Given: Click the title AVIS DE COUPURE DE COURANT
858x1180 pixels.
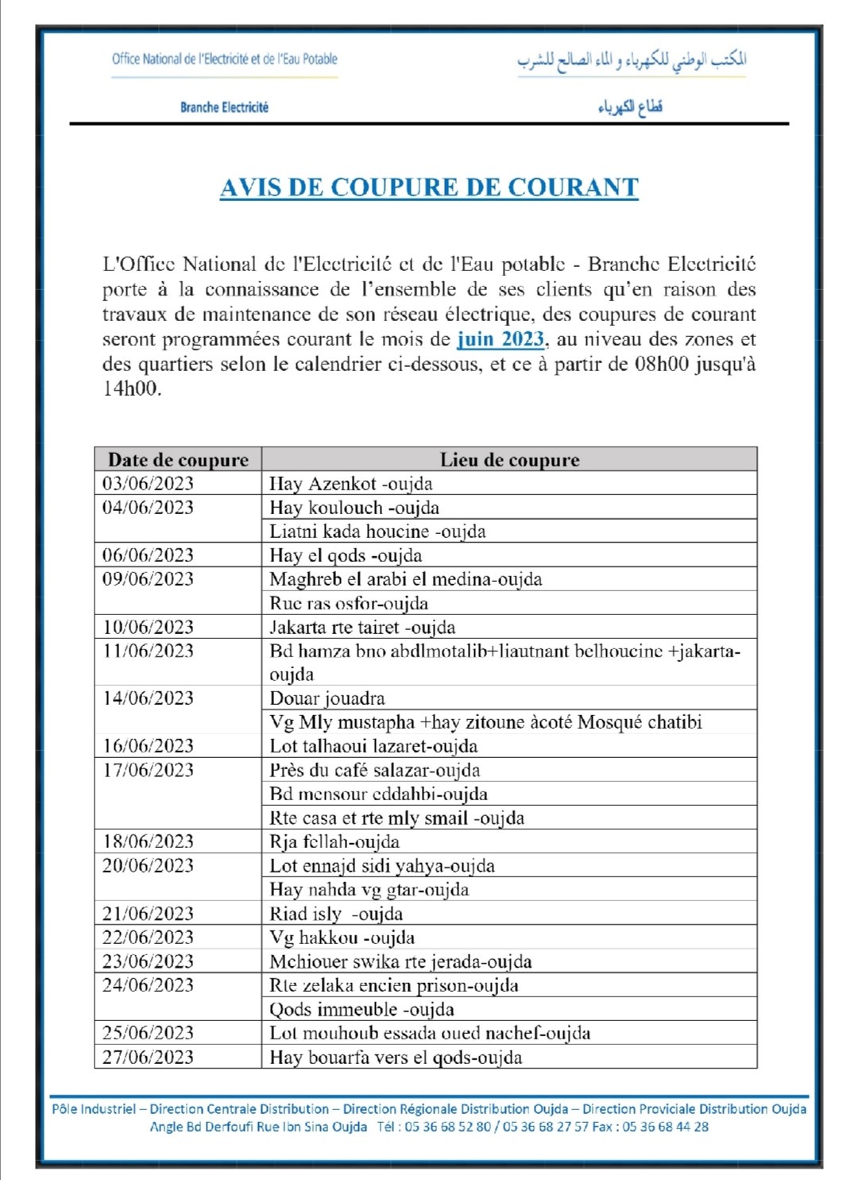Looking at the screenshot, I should pyautogui.click(x=429, y=188).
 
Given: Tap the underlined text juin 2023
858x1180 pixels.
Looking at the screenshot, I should pyautogui.click(x=500, y=339).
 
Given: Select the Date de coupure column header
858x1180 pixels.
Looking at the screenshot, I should pyautogui.click(x=178, y=460).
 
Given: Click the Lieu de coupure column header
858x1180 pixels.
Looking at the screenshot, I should pyautogui.click(x=509, y=460).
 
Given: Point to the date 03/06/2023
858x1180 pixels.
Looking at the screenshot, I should pyautogui.click(x=148, y=484).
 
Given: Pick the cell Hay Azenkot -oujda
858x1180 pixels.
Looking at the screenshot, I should pyautogui.click(x=351, y=484).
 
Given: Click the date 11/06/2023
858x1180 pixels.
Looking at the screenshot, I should pyautogui.click(x=148, y=651).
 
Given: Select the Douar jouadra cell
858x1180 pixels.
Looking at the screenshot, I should pyautogui.click(x=327, y=698).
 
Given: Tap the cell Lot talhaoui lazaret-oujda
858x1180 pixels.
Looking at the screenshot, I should pyautogui.click(x=373, y=746).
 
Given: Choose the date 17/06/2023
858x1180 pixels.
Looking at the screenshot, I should pyautogui.click(x=148, y=770).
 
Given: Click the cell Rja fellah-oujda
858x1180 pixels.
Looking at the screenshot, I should pyautogui.click(x=334, y=841).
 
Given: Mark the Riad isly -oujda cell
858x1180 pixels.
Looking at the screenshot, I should pyautogui.click(x=336, y=914).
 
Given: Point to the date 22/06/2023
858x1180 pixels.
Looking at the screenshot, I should pyautogui.click(x=148, y=938).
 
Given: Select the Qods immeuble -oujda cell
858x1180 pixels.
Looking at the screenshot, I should pyautogui.click(x=361, y=1009).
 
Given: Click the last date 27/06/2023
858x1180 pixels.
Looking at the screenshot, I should pyautogui.click(x=148, y=1057).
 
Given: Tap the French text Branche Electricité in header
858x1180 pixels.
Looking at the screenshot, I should pyautogui.click(x=224, y=107).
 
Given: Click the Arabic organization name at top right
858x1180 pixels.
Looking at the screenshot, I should pyautogui.click(x=632, y=60).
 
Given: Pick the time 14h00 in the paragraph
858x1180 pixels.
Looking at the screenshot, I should pyautogui.click(x=131, y=389).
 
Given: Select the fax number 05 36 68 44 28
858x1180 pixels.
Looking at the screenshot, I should pyautogui.click(x=665, y=1127).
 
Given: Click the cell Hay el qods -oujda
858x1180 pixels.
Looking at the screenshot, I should pyautogui.click(x=346, y=555).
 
